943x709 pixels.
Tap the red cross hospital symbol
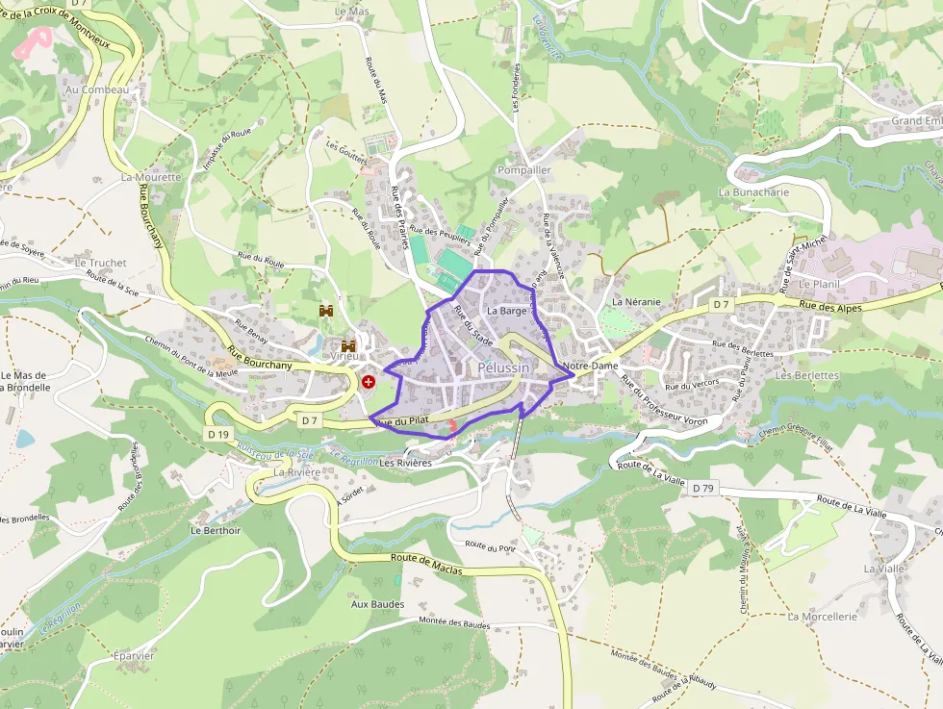coord(369,382)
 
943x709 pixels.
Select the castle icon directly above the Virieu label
coord(347,345)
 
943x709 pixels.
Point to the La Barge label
coord(506,311)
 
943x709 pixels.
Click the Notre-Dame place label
coord(591,367)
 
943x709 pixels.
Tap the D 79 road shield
coord(702,489)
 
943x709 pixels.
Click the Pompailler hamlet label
coord(523,169)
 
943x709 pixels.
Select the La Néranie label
coord(636,302)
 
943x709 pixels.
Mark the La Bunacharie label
coord(753,191)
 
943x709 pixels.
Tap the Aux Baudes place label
coord(377,604)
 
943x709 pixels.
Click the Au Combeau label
coord(96,89)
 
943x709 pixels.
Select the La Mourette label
coord(151,177)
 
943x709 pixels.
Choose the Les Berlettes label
coord(807,375)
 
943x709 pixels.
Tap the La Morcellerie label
coord(822,617)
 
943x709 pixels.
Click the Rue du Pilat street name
coord(402,421)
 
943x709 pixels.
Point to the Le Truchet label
coord(100,263)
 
